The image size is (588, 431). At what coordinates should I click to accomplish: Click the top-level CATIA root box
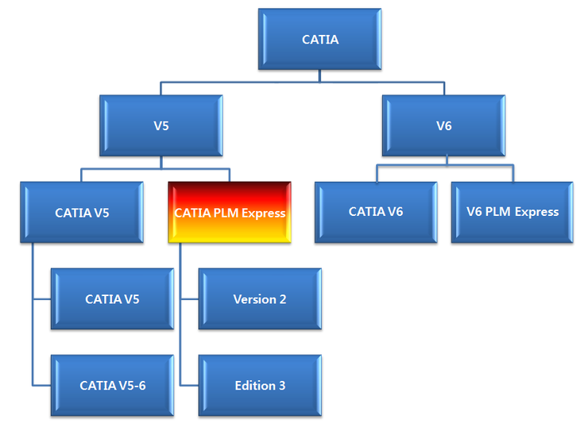(x=320, y=39)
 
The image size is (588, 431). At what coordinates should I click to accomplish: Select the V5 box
(x=161, y=125)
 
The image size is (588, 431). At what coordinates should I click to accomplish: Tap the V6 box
(x=443, y=125)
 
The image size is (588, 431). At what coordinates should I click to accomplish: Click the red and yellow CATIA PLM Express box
(x=230, y=213)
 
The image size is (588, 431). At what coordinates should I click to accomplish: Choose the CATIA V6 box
(x=375, y=212)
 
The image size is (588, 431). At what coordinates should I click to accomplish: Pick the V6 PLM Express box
(x=513, y=212)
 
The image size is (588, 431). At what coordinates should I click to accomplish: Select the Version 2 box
(x=260, y=299)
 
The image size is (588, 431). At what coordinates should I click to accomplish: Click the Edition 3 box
(x=260, y=386)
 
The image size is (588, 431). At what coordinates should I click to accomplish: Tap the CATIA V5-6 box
(x=112, y=386)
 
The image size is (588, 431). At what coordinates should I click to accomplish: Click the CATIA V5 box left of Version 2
(x=112, y=299)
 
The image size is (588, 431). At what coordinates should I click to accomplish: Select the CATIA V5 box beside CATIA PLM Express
(x=82, y=213)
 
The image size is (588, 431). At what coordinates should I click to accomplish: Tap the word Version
(x=253, y=299)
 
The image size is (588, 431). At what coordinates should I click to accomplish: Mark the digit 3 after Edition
(x=281, y=386)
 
